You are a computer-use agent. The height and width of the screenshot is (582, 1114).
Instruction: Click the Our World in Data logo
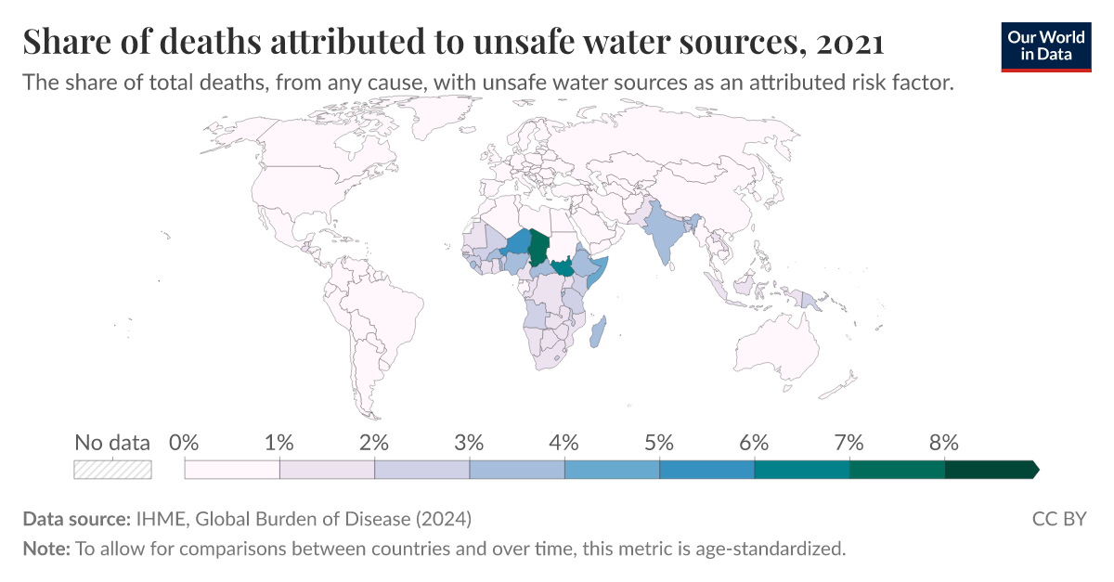1045,44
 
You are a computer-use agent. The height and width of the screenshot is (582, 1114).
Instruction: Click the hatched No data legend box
112,470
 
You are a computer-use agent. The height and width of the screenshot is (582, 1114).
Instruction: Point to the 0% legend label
185,443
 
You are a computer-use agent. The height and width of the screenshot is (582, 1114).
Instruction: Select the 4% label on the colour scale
564,443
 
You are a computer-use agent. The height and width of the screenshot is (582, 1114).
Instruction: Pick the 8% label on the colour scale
944,443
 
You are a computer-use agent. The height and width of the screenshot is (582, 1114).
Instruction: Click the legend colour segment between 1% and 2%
327,470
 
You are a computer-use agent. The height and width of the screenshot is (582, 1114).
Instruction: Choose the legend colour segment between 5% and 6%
706,470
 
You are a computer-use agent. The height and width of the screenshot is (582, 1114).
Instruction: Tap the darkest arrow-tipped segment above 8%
990,470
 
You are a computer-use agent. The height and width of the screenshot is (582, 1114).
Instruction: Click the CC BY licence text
1058,518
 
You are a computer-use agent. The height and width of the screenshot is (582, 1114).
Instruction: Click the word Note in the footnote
45,549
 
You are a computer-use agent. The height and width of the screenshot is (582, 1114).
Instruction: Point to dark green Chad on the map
539,245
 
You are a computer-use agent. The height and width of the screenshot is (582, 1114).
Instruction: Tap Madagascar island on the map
602,332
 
